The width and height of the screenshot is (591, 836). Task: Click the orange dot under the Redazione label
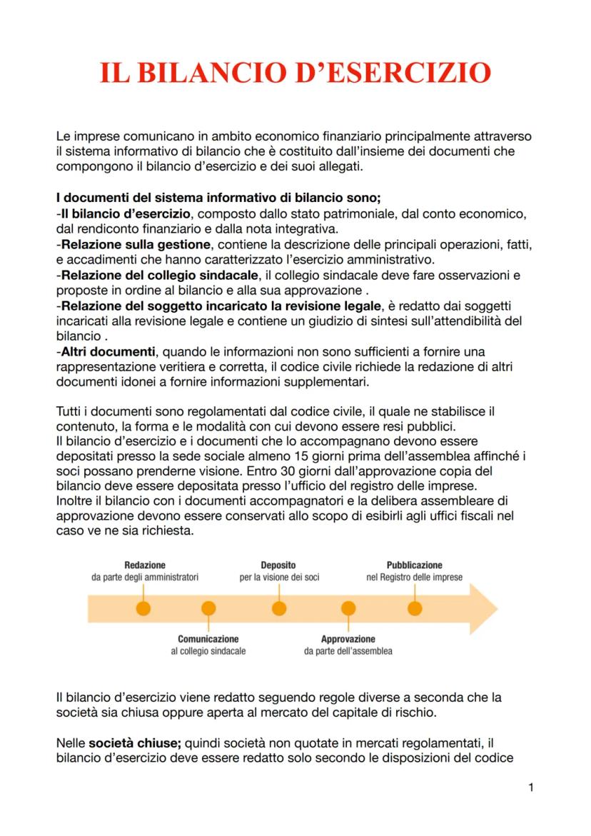pyautogui.click(x=143, y=608)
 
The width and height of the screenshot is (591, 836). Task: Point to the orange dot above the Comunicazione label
pyautogui.click(x=208, y=608)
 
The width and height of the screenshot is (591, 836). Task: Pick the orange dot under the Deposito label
pyautogui.click(x=278, y=608)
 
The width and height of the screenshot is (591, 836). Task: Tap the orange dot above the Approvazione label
pyautogui.click(x=348, y=608)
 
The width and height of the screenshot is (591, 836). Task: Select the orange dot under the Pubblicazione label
pyautogui.click(x=415, y=608)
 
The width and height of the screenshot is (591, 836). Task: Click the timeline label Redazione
pyautogui.click(x=144, y=565)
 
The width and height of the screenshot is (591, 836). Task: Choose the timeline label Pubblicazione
pyautogui.click(x=414, y=565)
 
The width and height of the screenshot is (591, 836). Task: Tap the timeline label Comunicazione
pyautogui.click(x=208, y=639)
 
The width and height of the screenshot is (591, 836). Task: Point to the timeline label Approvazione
pyautogui.click(x=348, y=639)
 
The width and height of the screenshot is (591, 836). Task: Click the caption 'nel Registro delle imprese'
pyautogui.click(x=414, y=577)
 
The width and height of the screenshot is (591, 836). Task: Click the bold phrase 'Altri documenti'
pyautogui.click(x=107, y=352)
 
